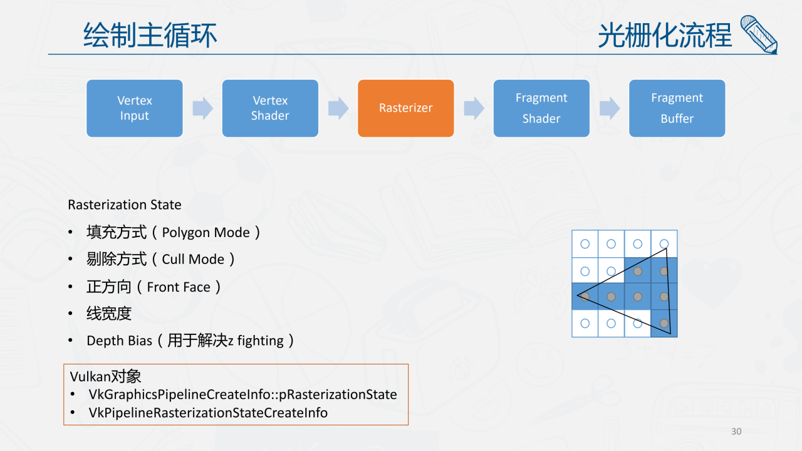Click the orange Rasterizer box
(x=405, y=108)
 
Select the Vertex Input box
(x=134, y=108)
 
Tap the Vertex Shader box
(x=270, y=108)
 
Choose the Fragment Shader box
(x=541, y=108)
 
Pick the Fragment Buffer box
(x=677, y=108)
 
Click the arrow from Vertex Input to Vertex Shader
(x=202, y=109)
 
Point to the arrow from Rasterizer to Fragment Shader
(x=474, y=109)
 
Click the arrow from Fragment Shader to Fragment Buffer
(x=609, y=109)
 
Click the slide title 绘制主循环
(x=150, y=35)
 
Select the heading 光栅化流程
(x=665, y=35)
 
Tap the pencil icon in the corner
(x=759, y=34)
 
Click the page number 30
(x=736, y=432)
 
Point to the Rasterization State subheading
(x=125, y=205)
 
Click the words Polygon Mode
(x=206, y=233)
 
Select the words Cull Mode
(x=193, y=260)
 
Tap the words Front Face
(x=179, y=287)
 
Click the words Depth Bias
(x=119, y=341)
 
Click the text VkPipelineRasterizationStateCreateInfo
(x=208, y=413)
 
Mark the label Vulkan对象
(x=105, y=376)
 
